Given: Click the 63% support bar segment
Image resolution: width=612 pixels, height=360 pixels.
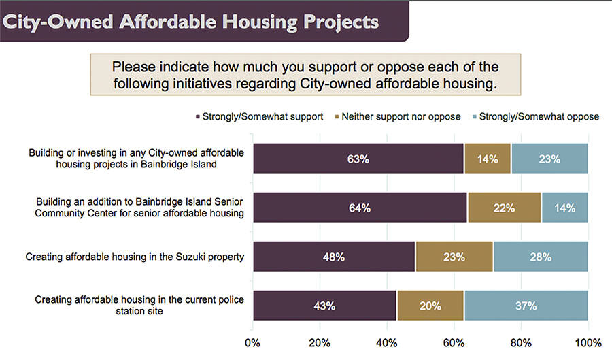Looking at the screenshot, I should click(358, 159).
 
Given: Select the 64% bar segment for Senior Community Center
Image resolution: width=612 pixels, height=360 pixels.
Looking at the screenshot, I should click(360, 208).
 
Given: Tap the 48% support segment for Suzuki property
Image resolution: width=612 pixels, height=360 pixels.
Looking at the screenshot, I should click(333, 257).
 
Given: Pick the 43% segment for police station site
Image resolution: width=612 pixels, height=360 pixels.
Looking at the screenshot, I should click(324, 306).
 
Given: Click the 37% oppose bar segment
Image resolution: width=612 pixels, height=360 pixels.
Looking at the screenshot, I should click(526, 306).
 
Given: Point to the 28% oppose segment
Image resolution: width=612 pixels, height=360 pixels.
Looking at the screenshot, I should click(541, 257).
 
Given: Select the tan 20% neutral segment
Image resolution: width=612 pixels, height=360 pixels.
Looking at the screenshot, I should click(430, 306).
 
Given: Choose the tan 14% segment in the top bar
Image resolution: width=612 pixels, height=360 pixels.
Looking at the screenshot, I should click(488, 159).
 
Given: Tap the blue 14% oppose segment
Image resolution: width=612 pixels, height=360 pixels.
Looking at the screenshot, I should click(564, 208).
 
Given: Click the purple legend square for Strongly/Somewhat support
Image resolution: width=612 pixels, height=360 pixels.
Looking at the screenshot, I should click(198, 117).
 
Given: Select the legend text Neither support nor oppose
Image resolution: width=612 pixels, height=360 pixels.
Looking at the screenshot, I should click(401, 117).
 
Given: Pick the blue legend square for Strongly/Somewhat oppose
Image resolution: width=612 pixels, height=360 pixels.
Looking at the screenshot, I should click(473, 117).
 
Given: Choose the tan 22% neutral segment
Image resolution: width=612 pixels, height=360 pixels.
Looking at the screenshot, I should click(504, 208).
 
